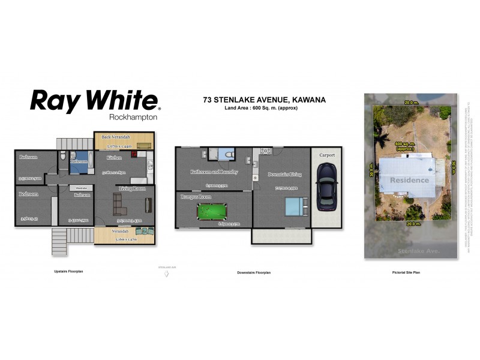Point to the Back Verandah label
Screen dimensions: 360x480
click(x=116, y=137)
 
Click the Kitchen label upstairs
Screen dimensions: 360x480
click(x=115, y=157)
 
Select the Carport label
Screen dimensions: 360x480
click(x=326, y=155)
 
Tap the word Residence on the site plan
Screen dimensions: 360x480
click(x=410, y=180)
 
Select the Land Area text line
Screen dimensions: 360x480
click(x=261, y=108)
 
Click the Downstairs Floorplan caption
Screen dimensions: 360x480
click(x=254, y=272)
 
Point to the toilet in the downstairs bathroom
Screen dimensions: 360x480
click(x=226, y=155)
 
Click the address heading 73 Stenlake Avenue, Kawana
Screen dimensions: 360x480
click(x=265, y=100)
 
